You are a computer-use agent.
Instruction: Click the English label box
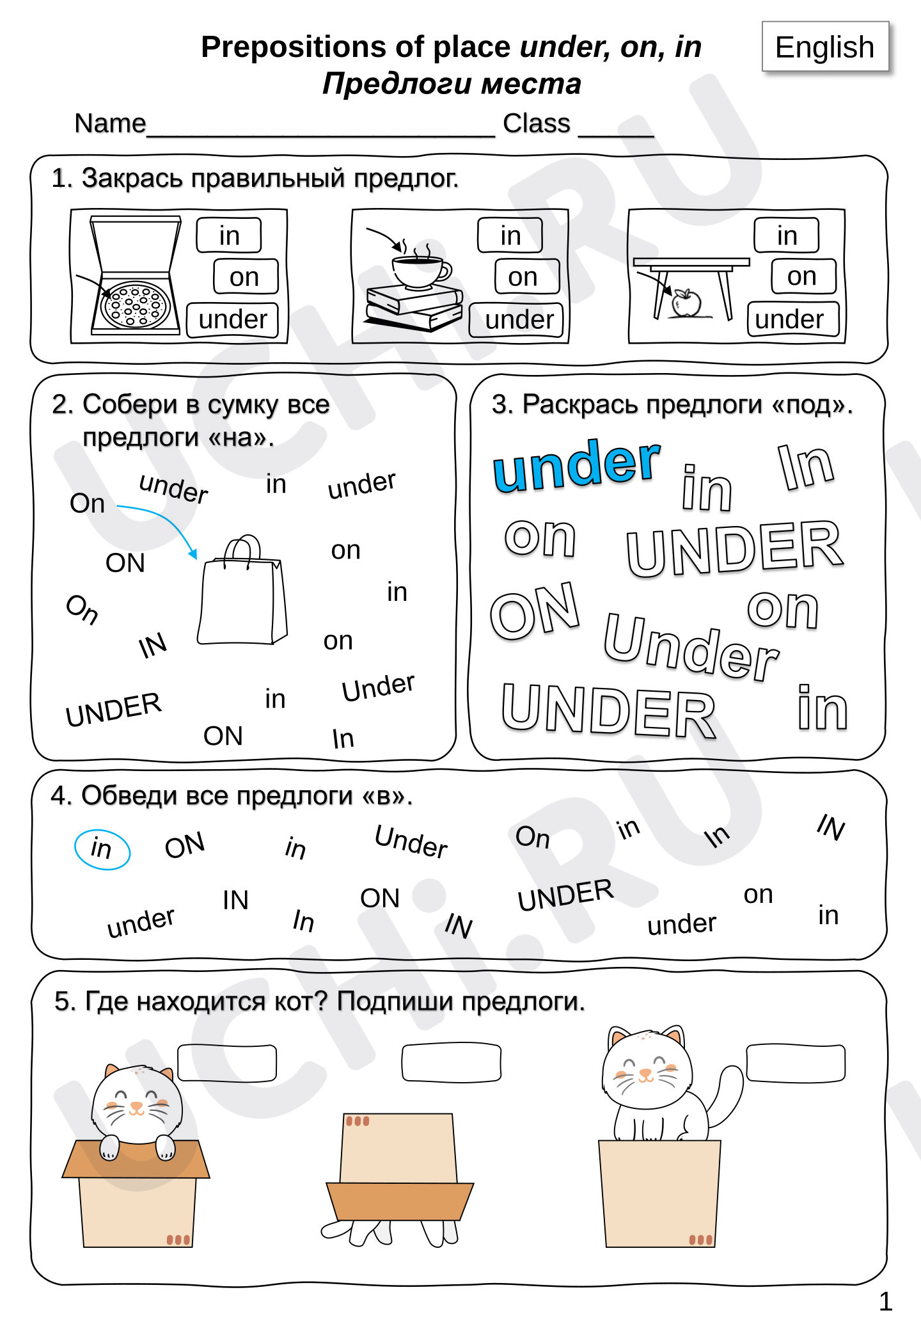point(825,47)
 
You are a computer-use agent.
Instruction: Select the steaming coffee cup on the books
point(420,269)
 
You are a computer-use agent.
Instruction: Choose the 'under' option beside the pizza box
point(233,319)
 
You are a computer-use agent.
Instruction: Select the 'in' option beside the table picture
point(787,235)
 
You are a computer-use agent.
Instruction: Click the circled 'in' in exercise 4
point(102,849)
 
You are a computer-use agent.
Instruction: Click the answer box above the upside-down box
point(451,1063)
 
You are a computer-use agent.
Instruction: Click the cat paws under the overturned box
point(390,1232)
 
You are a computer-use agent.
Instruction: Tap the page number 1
point(886,1302)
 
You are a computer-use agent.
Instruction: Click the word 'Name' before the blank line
point(110,123)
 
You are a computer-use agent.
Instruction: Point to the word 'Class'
point(537,123)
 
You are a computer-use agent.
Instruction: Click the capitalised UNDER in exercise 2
point(114,710)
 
